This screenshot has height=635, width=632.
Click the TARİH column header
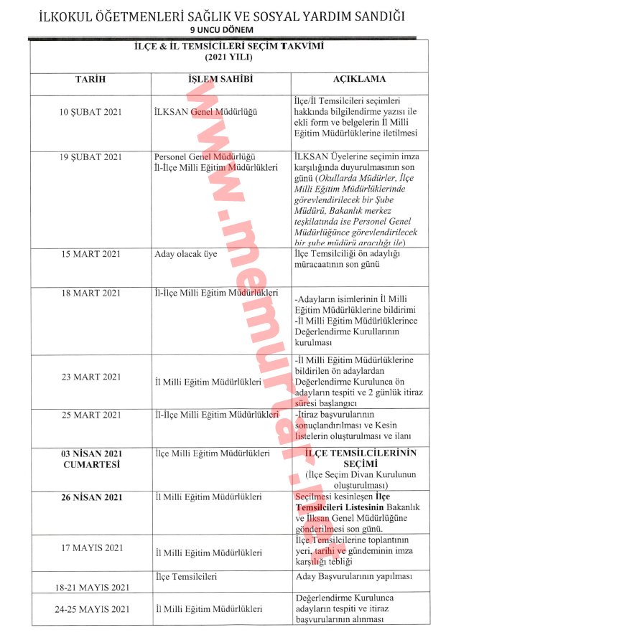click(x=90, y=79)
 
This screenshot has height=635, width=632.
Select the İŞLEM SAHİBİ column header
click(x=220, y=79)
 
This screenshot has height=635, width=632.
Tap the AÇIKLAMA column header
click(x=360, y=79)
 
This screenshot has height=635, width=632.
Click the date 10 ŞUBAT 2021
click(x=91, y=112)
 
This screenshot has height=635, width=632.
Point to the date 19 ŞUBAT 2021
click(x=91, y=157)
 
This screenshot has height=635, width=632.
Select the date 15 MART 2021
click(x=91, y=254)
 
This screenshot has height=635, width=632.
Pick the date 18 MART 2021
click(x=91, y=293)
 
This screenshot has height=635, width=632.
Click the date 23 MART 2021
click(x=91, y=377)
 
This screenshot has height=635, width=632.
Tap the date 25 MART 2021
click(x=91, y=415)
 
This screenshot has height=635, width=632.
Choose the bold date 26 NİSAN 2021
click(x=91, y=497)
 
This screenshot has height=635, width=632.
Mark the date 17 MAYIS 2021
click(x=91, y=548)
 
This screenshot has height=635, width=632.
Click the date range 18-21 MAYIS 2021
click(x=92, y=588)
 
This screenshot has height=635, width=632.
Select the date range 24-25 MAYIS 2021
click(x=92, y=609)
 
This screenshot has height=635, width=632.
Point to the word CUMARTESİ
click(x=91, y=464)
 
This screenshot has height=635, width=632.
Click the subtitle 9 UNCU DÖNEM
click(x=221, y=29)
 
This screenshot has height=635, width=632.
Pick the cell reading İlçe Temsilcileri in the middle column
click(x=186, y=576)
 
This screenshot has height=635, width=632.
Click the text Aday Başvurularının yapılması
click(x=353, y=576)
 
